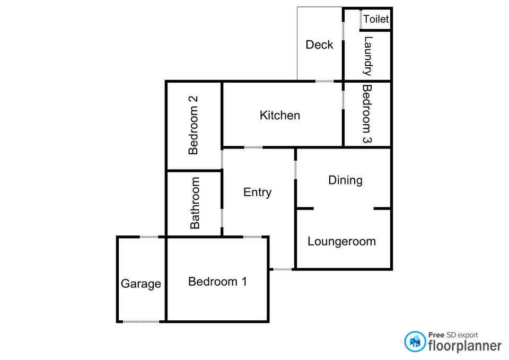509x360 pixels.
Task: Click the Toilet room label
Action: [x=376, y=19]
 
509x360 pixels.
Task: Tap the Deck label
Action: [x=319, y=45]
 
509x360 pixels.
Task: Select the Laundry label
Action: [x=368, y=56]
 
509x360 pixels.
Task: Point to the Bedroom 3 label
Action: [x=367, y=114]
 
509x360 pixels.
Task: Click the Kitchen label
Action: [x=280, y=115]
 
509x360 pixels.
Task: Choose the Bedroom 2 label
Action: [x=193, y=125]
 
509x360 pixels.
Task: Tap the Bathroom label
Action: [x=195, y=203]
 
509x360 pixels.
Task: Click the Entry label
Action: [x=258, y=192]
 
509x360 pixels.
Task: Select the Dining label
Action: [x=345, y=180]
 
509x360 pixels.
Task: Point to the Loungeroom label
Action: [x=342, y=242]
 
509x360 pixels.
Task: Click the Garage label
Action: [x=141, y=284]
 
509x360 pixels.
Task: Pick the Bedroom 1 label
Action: [x=217, y=282]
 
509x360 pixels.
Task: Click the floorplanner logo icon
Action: [x=415, y=341]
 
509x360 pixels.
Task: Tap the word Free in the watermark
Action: [x=436, y=335]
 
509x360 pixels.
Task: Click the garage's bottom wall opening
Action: [x=141, y=322]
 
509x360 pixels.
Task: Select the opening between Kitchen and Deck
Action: [x=324, y=81]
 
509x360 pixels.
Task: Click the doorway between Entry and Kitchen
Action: [x=253, y=148]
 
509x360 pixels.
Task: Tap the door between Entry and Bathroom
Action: [x=222, y=218]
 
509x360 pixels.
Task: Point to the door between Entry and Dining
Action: [x=295, y=170]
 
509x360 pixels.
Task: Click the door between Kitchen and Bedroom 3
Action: [x=343, y=100]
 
